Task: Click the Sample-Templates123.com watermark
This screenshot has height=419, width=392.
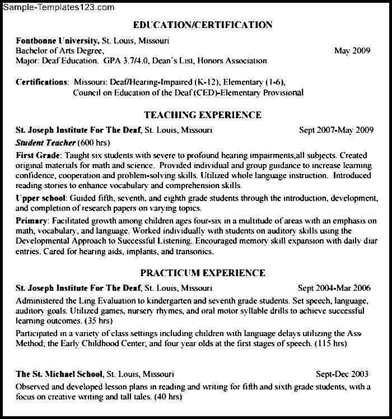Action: click(58, 7)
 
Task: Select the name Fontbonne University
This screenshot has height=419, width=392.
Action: click(57, 41)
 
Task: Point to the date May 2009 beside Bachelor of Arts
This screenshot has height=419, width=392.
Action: click(352, 51)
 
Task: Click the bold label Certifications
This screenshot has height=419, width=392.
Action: click(42, 82)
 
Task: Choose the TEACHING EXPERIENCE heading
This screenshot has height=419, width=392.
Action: click(202, 115)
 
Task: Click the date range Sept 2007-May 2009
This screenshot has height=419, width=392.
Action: click(336, 131)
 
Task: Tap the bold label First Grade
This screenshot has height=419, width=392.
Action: click(39, 155)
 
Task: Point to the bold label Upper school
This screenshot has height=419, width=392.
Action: click(41, 198)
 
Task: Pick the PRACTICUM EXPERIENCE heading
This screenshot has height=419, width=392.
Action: click(203, 273)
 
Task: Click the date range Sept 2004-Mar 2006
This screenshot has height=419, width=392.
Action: click(334, 288)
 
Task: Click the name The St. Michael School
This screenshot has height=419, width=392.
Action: click(59, 374)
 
